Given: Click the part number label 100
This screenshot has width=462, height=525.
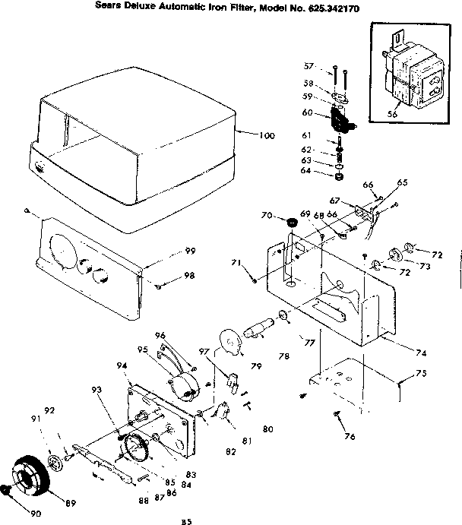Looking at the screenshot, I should coord(265,136).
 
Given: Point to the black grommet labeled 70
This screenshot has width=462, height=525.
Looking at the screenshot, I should coord(289,222).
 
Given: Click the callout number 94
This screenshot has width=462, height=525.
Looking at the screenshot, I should coord(122,365).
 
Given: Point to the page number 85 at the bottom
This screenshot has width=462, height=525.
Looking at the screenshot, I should coord(185,520).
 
